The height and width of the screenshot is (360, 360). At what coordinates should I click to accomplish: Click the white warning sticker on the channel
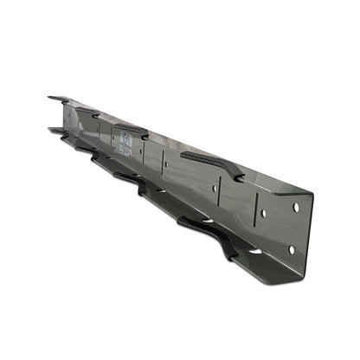tap(126, 145)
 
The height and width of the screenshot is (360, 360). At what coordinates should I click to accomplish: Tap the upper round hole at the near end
tap(296, 208)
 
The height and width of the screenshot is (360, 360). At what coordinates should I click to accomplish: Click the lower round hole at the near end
tap(291, 249)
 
